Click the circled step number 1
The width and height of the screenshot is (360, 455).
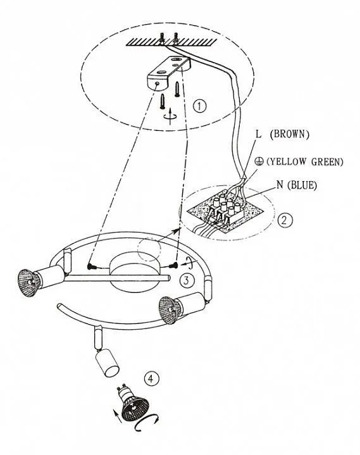(x=199, y=106)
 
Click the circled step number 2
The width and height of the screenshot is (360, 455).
(x=285, y=220)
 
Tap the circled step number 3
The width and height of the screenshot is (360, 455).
(x=186, y=280)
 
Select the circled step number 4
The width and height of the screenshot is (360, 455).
(x=151, y=378)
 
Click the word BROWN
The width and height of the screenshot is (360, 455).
(x=289, y=134)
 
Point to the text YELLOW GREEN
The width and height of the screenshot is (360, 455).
(x=304, y=161)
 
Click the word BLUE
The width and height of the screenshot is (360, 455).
(x=302, y=185)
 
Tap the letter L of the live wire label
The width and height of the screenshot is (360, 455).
(x=258, y=134)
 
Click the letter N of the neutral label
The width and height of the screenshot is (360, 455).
(x=280, y=185)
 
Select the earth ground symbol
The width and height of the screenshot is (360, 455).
(x=259, y=161)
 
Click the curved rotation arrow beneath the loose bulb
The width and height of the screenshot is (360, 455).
(x=147, y=424)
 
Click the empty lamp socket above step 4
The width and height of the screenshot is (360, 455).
(x=107, y=363)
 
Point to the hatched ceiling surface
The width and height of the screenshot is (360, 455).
(x=171, y=42)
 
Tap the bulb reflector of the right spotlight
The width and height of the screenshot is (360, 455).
(x=170, y=309)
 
